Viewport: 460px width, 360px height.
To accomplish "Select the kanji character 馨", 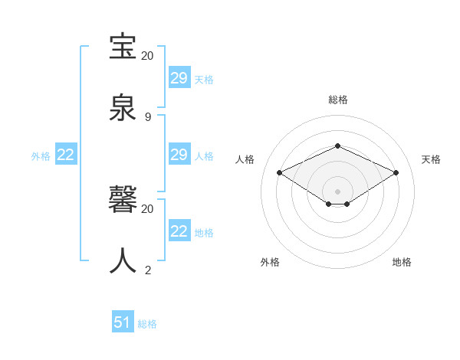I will [x=123, y=201].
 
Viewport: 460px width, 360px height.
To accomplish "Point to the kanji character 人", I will [x=123, y=260].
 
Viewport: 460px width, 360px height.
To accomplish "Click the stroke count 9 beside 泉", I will [x=148, y=116].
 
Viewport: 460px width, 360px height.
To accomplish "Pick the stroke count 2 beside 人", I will [x=148, y=270].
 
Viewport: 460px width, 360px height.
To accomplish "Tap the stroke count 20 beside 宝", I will [x=148, y=56].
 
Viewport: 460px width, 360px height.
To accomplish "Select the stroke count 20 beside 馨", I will [x=148, y=208].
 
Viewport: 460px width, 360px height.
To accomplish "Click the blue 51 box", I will [x=123, y=322].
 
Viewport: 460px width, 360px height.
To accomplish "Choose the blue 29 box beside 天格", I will [x=179, y=78].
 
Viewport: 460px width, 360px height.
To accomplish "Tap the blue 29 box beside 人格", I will [x=179, y=155].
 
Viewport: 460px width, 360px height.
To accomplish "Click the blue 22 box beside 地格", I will [x=179, y=231].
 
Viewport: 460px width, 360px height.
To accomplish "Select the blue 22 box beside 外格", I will [x=66, y=155].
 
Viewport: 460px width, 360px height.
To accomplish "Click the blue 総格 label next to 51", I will [x=147, y=324].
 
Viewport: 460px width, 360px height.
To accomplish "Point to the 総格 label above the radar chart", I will [x=337, y=100].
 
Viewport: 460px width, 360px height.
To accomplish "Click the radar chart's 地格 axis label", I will [x=402, y=262].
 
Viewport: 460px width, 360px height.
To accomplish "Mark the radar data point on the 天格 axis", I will [x=396, y=173].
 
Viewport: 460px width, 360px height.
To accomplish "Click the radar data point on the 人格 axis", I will [x=280, y=173].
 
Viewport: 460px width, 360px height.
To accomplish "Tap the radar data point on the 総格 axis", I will [x=337, y=145].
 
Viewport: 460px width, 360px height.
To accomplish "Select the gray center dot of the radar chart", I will [x=337, y=191].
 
